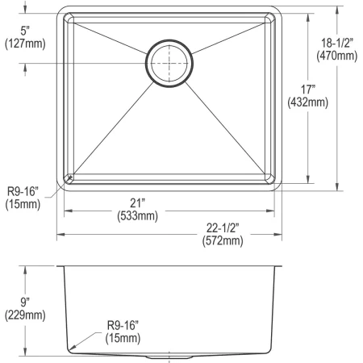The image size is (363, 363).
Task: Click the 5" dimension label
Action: pyautogui.click(x=24, y=31)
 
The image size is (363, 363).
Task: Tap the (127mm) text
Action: pyautogui.click(x=25, y=44)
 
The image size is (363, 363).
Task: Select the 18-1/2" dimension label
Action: pyautogui.click(x=337, y=43)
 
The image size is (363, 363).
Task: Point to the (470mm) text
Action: pyautogui.click(x=337, y=56)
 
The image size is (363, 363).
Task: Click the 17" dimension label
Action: pyautogui.click(x=308, y=90)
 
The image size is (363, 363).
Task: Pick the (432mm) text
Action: pyautogui.click(x=308, y=102)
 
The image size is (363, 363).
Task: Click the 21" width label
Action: pyautogui.click(x=137, y=203)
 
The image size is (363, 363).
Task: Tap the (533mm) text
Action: pyautogui.click(x=137, y=215)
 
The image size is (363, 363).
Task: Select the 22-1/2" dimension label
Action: pyautogui.click(x=223, y=228)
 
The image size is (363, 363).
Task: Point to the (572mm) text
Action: pyautogui.click(x=223, y=240)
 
